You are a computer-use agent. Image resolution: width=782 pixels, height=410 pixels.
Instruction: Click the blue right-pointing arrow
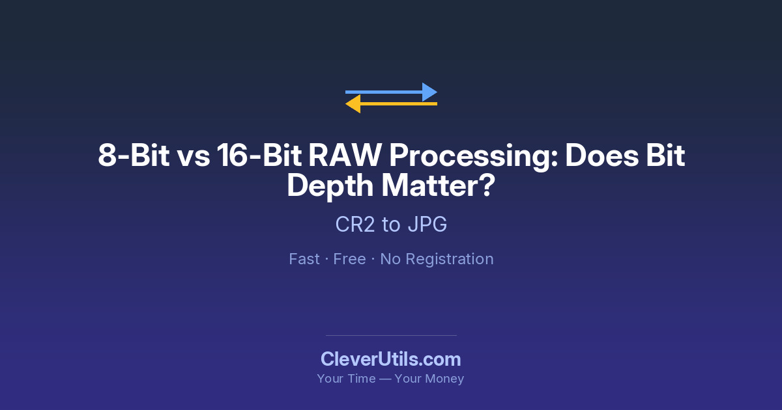coord(391,92)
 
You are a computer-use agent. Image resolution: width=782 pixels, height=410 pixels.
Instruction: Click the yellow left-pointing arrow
coord(391,104)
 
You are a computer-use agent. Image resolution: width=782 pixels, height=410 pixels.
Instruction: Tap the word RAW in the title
coord(345,155)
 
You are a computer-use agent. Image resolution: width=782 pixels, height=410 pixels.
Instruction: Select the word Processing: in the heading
coord(473,157)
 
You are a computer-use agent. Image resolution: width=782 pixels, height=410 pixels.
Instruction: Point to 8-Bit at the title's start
coord(134,155)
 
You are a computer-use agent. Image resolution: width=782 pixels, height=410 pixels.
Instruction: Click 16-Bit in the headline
coord(259,155)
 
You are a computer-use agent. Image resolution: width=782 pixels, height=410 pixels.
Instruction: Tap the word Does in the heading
coord(602,155)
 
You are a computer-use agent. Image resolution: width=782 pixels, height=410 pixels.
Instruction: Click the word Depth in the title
coord(330,187)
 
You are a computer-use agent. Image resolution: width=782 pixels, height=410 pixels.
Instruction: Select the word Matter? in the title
coord(439,185)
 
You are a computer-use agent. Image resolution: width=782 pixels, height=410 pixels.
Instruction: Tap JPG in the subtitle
coord(427,224)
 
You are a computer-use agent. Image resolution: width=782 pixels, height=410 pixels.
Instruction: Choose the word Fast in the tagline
coord(304,259)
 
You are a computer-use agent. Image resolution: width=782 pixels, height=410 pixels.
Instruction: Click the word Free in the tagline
coord(349,259)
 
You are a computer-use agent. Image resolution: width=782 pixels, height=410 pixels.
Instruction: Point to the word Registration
coord(450,260)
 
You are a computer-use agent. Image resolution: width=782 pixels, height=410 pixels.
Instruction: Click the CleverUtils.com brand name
coord(391,359)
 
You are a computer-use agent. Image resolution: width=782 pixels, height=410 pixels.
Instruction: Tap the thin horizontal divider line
coord(391,335)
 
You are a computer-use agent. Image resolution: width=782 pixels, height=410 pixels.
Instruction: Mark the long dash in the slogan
coord(385,379)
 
